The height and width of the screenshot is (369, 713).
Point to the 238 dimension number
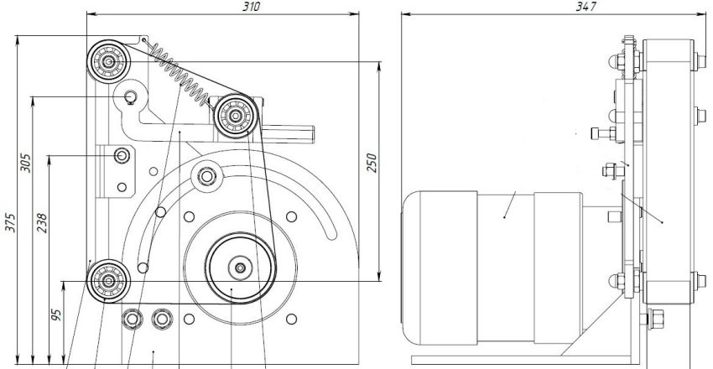tap(43, 221)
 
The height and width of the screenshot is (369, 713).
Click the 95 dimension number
tap(56, 316)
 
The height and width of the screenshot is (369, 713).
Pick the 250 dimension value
tap(371, 162)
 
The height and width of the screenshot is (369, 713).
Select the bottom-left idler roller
tap(107, 278)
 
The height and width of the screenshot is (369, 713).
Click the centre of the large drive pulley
tap(240, 268)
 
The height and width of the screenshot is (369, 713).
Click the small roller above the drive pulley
tap(205, 175)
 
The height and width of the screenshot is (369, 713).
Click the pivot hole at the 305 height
tap(131, 98)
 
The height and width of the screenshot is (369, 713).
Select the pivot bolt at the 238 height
tap(122, 156)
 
